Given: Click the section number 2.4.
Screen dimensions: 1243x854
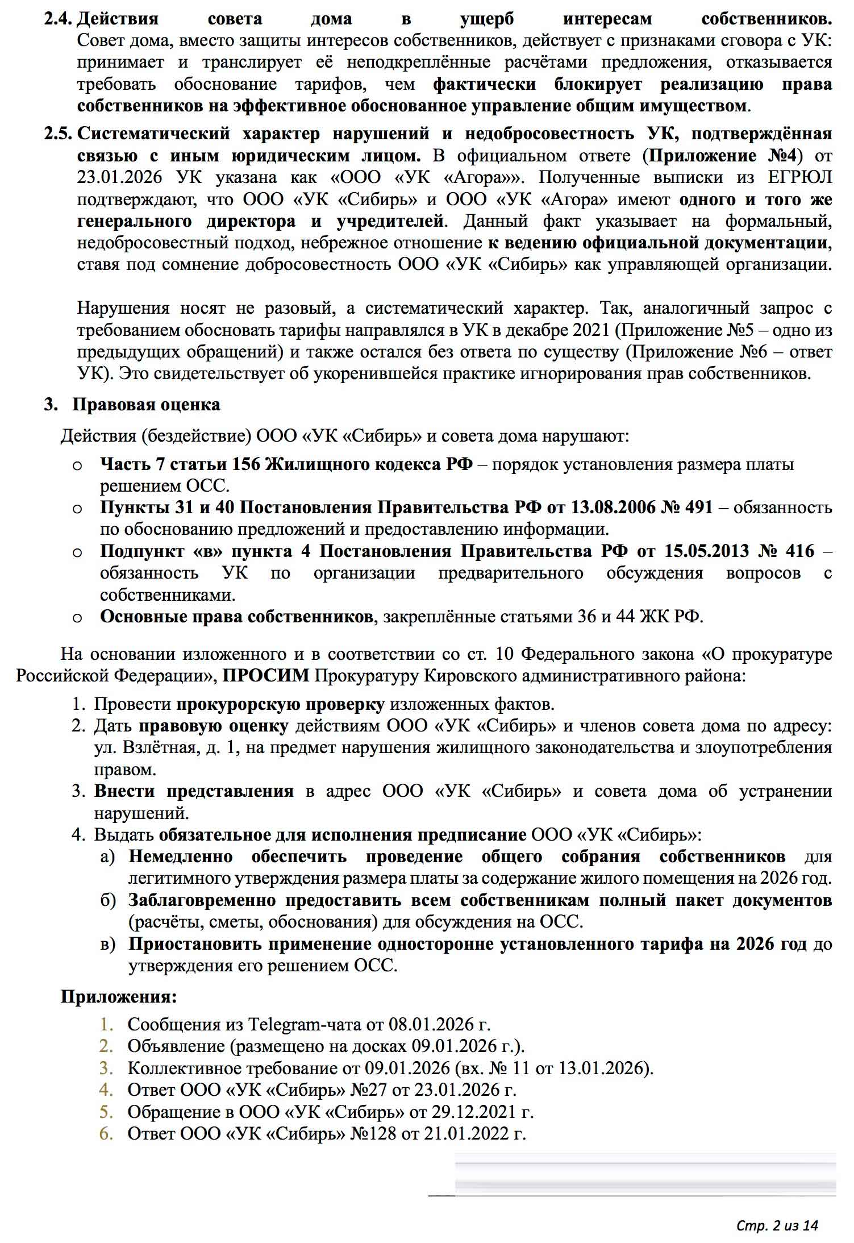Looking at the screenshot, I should pyautogui.click(x=59, y=19).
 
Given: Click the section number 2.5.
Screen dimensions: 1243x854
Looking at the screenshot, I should pyautogui.click(x=59, y=134).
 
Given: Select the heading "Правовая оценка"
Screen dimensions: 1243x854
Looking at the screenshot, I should pyautogui.click(x=146, y=405).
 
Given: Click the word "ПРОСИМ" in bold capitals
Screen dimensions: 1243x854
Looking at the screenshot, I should pyautogui.click(x=266, y=676).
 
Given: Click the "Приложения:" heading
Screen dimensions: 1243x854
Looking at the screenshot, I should pyautogui.click(x=119, y=997).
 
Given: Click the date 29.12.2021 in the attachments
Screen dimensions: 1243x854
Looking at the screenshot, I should pyautogui.click(x=470, y=1112).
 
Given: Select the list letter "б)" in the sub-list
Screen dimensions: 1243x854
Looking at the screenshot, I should pyautogui.click(x=108, y=900).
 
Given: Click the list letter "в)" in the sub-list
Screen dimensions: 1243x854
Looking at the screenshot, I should pyautogui.click(x=108, y=944).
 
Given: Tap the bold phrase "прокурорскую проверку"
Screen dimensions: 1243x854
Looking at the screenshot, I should pyautogui.click(x=280, y=705).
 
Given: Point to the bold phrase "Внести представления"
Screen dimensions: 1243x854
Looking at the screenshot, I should pyautogui.click(x=194, y=791).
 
